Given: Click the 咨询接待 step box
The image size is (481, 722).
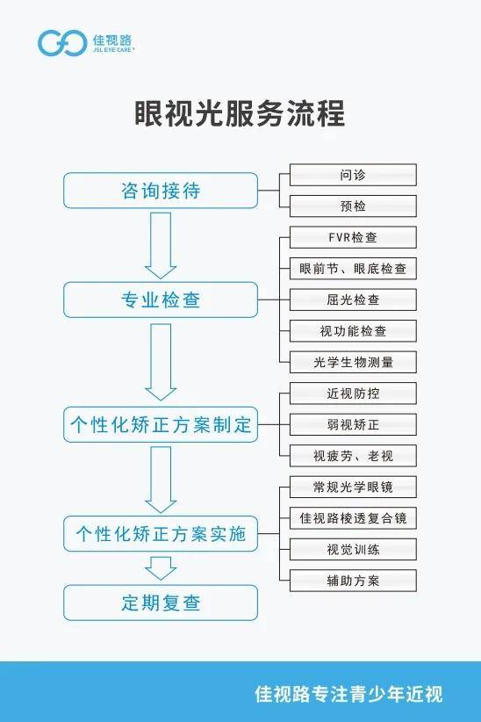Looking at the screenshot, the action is tap(161, 191).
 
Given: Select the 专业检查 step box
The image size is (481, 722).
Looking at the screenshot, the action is tap(161, 300).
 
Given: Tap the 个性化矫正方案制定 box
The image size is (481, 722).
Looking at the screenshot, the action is tap(161, 424).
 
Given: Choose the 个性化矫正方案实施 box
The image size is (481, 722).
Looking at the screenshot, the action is tap(161, 534).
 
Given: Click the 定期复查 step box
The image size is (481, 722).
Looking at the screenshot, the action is tap(161, 603).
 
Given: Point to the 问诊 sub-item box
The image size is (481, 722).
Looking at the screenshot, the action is tap(353, 175).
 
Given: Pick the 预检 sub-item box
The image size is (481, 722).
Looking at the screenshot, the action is tap(353, 206).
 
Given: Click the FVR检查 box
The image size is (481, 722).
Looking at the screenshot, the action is tap(353, 237).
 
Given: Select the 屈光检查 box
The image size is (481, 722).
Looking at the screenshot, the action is tap(353, 300).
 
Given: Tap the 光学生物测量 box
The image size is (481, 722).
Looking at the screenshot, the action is tap(353, 362).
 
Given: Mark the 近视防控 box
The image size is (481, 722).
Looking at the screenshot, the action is tap(353, 393).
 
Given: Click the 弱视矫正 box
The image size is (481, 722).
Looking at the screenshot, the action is tap(353, 424).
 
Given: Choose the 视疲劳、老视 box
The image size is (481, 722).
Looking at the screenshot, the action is tap(353, 456).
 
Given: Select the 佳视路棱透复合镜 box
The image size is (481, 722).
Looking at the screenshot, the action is tap(353, 518).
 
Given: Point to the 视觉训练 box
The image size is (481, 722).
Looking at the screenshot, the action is tap(353, 549).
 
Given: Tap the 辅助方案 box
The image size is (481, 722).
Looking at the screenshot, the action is tap(353, 581).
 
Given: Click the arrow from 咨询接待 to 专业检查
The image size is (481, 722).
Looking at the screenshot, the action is tap(161, 245).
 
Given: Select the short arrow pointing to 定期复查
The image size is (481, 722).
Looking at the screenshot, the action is tap(161, 568).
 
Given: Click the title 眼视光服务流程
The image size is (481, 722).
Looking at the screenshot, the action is tap(240, 112).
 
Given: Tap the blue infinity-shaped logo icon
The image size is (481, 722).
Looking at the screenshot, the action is tap(62, 43).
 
